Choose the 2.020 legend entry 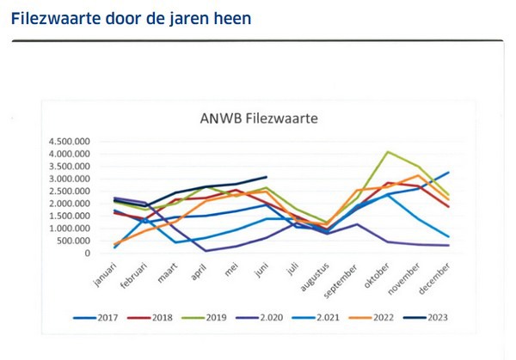coord(269,317)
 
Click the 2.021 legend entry coord(326,317)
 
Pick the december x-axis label coord(436,275)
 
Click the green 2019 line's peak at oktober coord(388,152)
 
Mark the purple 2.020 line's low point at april coord(206,251)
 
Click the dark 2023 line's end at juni coord(267,177)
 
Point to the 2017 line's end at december coord(449,173)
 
